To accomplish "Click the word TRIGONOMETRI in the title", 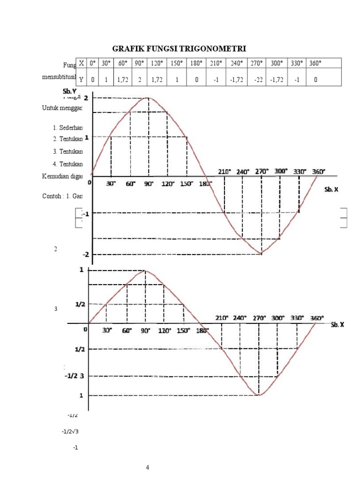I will (x=216, y=48).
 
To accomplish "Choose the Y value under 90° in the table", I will (x=139, y=80).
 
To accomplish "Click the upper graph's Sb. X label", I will (x=331, y=190).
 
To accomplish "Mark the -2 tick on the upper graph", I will (x=86, y=255).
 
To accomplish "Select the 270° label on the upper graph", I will (x=262, y=172).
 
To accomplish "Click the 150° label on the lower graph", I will (x=183, y=330).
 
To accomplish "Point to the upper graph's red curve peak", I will (x=149, y=97).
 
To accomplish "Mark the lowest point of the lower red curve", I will (x=258, y=395).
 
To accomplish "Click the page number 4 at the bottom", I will (x=148, y=467).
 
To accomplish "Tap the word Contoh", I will (x=50, y=197).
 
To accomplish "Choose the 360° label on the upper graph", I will (x=319, y=172).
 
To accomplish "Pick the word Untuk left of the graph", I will (x=49, y=108).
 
